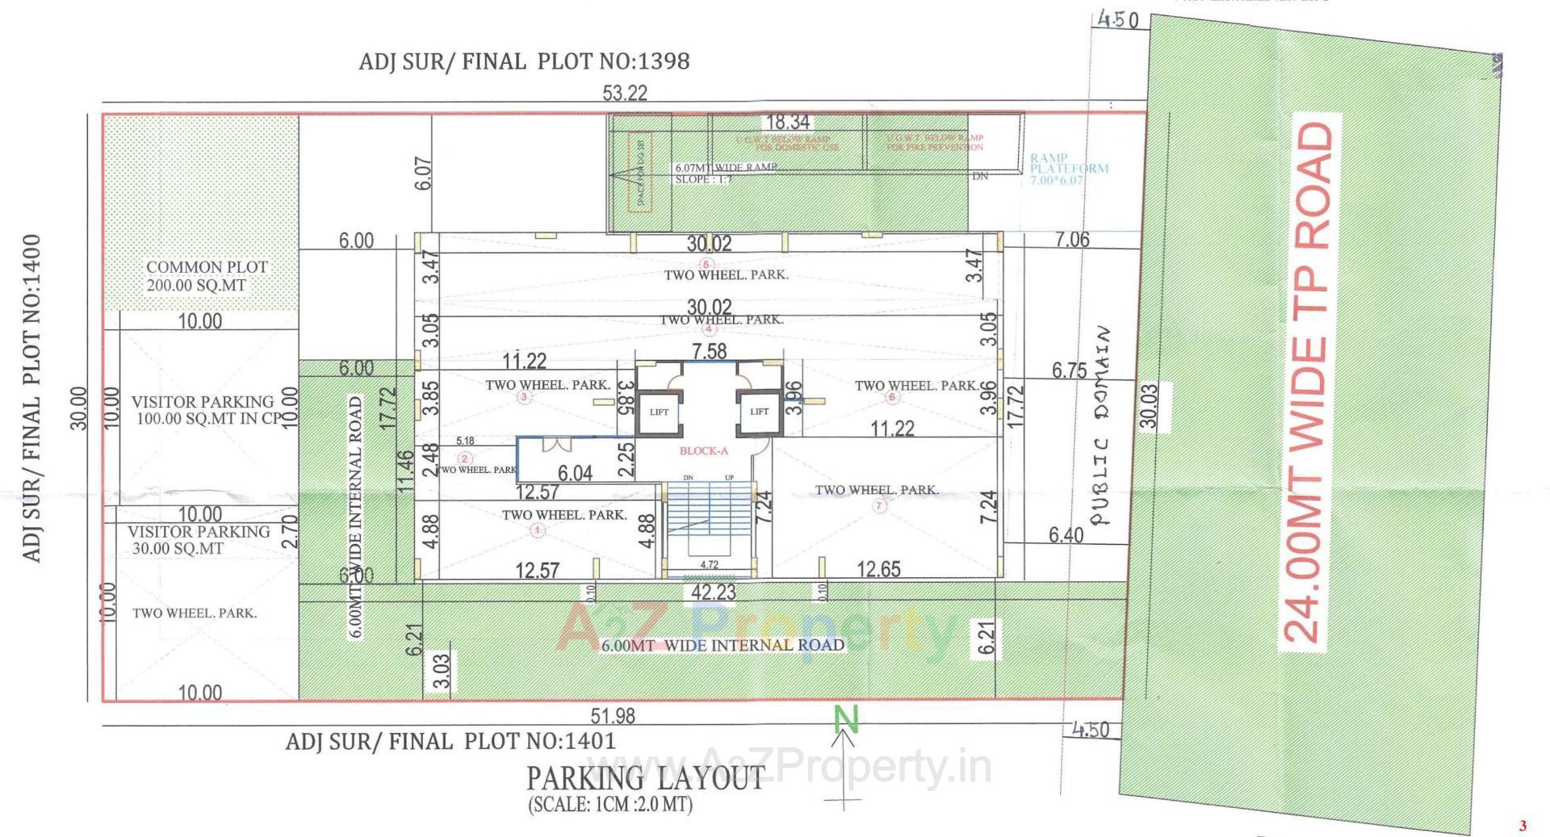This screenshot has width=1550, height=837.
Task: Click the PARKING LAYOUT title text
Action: click(645, 778)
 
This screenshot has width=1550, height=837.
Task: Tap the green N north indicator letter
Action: click(846, 717)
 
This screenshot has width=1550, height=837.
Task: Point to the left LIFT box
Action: click(659, 412)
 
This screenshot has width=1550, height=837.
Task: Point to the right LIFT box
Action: click(759, 412)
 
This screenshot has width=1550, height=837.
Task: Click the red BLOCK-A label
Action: click(703, 451)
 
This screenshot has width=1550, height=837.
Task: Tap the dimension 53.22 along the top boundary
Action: click(624, 93)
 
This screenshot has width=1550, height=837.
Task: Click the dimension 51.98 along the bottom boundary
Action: click(612, 716)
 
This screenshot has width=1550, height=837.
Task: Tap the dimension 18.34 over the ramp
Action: click(787, 123)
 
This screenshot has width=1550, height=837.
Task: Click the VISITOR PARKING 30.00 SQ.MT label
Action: click(198, 540)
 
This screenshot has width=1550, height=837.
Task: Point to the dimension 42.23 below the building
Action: click(713, 592)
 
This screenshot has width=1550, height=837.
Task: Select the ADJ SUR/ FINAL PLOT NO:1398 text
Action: click(524, 61)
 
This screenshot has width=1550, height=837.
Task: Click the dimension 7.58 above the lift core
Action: click(709, 351)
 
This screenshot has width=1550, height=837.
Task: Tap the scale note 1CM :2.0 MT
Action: click(610, 805)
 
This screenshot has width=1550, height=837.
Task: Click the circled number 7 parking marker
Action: click(879, 506)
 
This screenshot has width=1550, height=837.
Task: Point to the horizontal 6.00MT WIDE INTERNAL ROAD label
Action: click(723, 645)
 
